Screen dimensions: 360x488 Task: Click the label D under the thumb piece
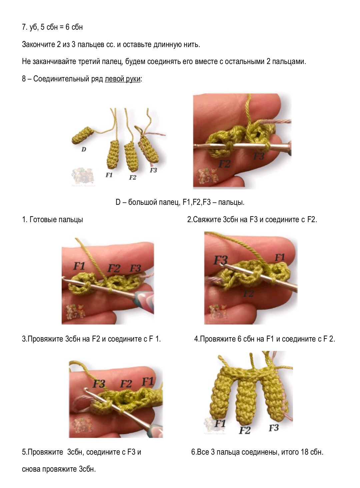(84, 150)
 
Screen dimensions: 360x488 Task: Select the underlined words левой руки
(122, 79)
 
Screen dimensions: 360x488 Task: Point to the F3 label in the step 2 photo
(259, 156)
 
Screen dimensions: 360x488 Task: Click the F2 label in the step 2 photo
(225, 164)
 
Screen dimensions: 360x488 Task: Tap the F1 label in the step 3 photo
(79, 266)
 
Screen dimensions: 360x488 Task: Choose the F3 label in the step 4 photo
(220, 261)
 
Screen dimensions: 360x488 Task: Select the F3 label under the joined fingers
(274, 428)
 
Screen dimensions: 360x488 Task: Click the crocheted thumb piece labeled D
(82, 135)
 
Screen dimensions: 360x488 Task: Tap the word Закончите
(39, 44)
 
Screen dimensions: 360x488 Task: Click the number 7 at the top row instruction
(24, 27)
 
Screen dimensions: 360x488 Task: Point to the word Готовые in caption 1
(41, 219)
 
